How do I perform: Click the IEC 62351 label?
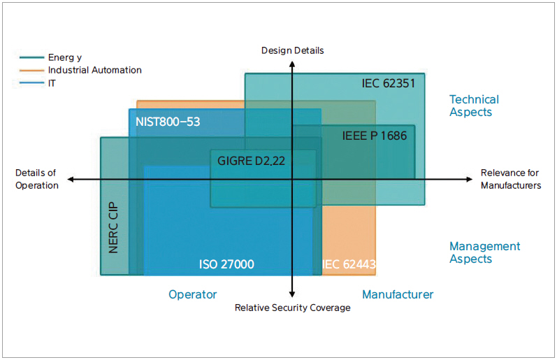(x=388, y=84)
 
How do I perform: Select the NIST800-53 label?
(x=168, y=122)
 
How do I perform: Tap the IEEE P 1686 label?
(x=374, y=136)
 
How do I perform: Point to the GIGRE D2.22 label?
(x=251, y=161)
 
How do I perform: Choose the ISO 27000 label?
(x=226, y=264)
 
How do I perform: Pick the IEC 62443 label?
(x=349, y=264)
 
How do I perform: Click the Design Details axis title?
(x=292, y=50)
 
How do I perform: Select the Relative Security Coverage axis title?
(x=292, y=308)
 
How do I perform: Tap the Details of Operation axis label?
(x=37, y=179)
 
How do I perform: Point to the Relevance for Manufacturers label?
(x=511, y=179)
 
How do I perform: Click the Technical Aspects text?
(x=474, y=106)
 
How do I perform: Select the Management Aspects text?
(x=484, y=252)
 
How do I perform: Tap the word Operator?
(x=193, y=294)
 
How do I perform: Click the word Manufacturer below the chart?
(x=397, y=294)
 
